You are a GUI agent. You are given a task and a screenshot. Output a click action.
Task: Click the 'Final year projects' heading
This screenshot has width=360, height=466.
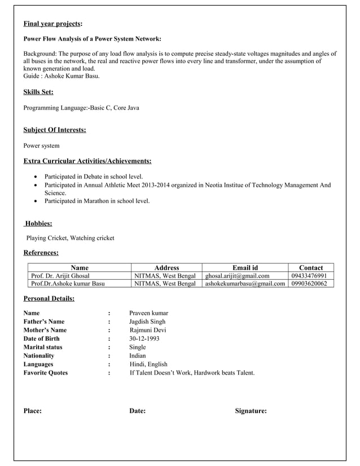tap(52, 24)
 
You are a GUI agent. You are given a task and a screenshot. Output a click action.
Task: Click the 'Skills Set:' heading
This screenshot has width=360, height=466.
tap(38, 91)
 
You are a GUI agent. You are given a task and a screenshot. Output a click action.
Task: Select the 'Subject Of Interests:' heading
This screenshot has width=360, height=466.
tap(55, 130)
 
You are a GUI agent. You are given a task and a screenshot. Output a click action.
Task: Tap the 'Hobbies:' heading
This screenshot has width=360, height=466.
tap(39, 223)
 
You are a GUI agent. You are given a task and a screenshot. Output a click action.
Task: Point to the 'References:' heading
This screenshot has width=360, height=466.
tap(41, 253)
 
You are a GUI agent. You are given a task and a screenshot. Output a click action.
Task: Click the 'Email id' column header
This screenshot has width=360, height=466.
tap(245, 267)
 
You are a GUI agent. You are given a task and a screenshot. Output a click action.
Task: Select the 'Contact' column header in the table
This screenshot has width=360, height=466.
tap(311, 267)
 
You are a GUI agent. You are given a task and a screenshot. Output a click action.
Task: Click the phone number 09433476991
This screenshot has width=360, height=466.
tap(309, 275)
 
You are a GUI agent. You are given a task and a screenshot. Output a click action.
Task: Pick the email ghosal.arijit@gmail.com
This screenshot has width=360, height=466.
tap(237, 275)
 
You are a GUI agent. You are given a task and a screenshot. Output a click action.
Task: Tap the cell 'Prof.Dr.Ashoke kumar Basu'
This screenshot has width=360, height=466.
tap(68, 283)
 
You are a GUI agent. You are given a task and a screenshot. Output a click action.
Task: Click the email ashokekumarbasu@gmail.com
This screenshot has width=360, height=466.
tap(245, 283)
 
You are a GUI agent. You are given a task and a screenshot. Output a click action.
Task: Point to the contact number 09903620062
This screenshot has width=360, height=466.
tap(309, 283)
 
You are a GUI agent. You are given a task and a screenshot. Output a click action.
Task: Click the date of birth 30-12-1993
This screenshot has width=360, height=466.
tap(144, 338)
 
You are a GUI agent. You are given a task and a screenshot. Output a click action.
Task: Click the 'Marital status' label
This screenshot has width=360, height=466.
tap(43, 347)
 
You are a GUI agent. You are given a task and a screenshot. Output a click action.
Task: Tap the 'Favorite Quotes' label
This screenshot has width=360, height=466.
tap(45, 372)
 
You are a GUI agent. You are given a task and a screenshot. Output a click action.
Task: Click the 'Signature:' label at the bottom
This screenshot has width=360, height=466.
tap(251, 411)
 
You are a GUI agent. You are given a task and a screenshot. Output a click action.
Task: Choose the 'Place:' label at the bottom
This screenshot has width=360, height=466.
tap(32, 411)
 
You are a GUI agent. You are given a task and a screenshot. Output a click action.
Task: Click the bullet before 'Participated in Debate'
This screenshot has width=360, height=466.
tap(37, 177)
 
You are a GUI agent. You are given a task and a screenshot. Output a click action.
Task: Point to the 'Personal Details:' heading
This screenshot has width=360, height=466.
tap(49, 298)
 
